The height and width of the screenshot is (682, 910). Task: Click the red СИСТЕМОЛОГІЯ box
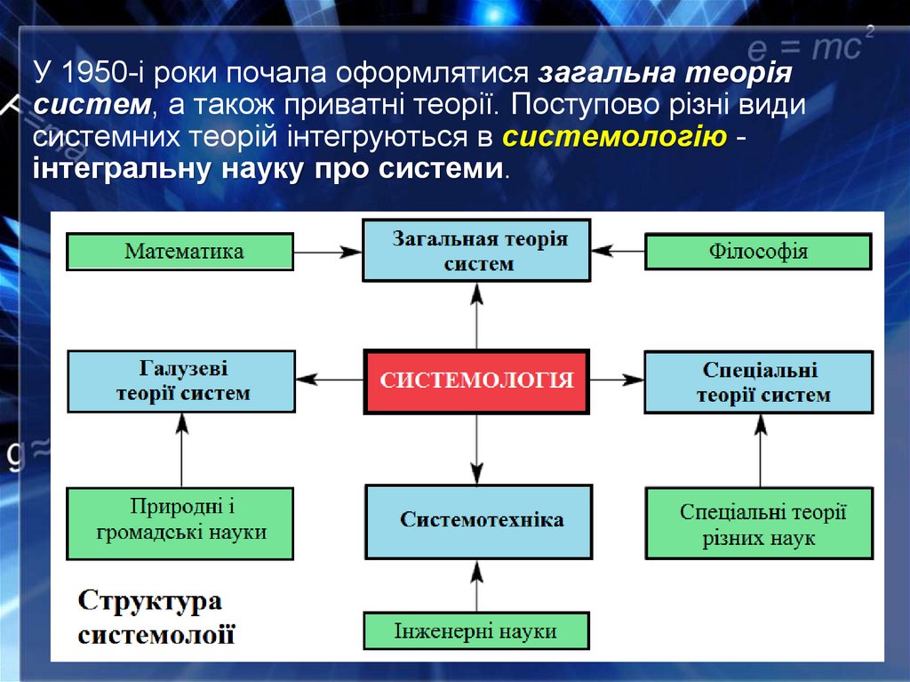coord(476,381)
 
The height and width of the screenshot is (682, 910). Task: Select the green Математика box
coord(180,252)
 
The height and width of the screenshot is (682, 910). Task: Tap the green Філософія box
coord(758,252)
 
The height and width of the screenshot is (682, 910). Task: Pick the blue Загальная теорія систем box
coord(477,252)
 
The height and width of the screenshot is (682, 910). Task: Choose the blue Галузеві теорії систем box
coord(181,381)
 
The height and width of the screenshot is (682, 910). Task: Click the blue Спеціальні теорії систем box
coord(759,382)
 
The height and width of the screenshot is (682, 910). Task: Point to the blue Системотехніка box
coord(479,520)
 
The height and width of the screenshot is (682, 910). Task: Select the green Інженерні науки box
coord(476,631)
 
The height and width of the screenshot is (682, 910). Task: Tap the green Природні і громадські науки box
coord(180,522)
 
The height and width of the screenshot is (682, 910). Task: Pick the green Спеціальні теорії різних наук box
coord(759,524)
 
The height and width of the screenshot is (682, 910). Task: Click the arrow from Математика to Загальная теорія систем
coord(328,253)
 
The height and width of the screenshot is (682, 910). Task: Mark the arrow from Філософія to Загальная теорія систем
coord(618,252)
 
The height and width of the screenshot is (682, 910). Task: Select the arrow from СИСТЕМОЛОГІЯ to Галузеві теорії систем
coord(330,380)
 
